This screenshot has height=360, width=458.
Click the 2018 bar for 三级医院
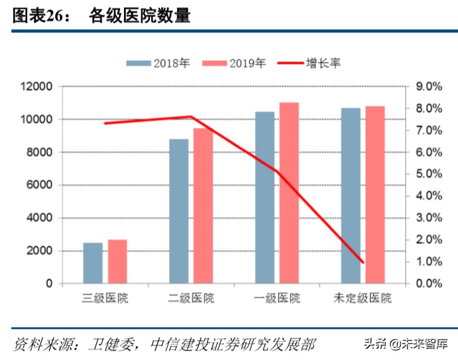[x=93, y=263]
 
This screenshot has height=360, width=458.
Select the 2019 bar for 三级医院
[x=117, y=261]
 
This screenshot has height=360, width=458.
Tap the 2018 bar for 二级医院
[x=179, y=211]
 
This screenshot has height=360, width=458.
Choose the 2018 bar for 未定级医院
[x=350, y=196]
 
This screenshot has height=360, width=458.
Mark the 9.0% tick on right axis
[x=428, y=87]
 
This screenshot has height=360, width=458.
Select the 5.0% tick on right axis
[x=428, y=174]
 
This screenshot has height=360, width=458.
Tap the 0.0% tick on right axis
[x=428, y=283]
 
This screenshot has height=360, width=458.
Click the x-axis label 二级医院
[x=192, y=298]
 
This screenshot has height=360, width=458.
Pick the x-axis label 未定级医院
[x=363, y=298]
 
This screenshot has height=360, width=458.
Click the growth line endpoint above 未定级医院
[x=363, y=262]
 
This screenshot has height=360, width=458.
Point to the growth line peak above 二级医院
[x=191, y=116]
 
